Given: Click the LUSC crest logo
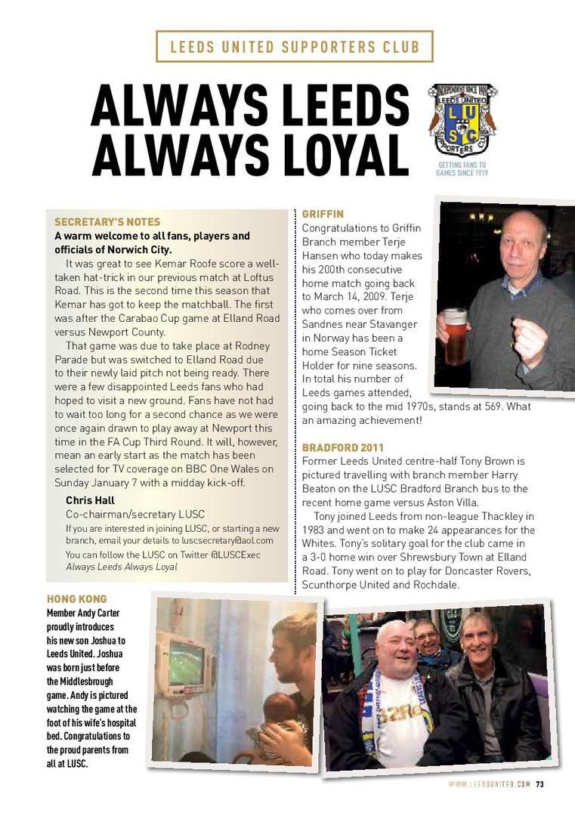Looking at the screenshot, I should [x=462, y=119].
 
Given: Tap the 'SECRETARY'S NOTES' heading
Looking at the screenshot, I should [x=107, y=222].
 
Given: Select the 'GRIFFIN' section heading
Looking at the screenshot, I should [x=323, y=214].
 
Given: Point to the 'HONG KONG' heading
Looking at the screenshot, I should [x=77, y=599].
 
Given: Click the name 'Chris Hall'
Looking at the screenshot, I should [x=90, y=500].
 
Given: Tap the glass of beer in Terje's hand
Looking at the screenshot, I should [x=455, y=335].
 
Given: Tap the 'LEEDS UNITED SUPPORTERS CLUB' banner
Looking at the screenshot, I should [x=295, y=47].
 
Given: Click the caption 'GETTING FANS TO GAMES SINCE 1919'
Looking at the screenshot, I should [x=462, y=168].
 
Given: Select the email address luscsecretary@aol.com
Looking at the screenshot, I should [x=227, y=541].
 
